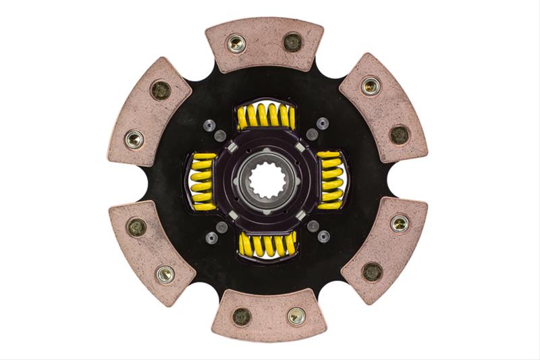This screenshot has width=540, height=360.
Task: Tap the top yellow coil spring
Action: coord(266,116)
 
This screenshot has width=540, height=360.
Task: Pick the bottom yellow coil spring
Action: coord(267,244)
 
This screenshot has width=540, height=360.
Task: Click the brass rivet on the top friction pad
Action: coord(236,44)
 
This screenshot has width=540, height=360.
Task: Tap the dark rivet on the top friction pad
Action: coord(292,42)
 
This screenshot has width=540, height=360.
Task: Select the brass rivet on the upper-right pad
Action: coord(370,86)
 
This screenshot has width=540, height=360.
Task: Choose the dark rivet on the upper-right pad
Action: coord(399,134)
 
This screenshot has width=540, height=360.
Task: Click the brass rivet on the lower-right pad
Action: coord(400,223)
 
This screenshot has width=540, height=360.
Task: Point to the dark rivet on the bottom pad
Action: coord(241,316)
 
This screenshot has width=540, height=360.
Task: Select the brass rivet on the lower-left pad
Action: coord(164,273)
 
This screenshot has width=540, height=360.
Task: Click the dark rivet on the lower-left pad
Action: coord(136,226)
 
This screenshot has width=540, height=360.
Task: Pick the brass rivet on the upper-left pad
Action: coord(134,139)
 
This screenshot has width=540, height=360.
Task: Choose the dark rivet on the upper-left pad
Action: coord(161,91)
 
